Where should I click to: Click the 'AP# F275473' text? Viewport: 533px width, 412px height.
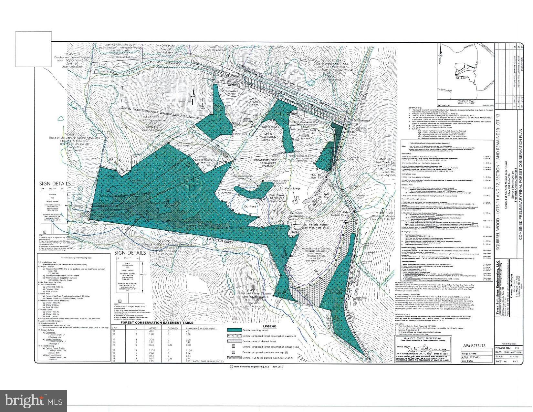click(x=474, y=346)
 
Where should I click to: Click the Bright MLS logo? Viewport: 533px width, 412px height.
click(x=34, y=401)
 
